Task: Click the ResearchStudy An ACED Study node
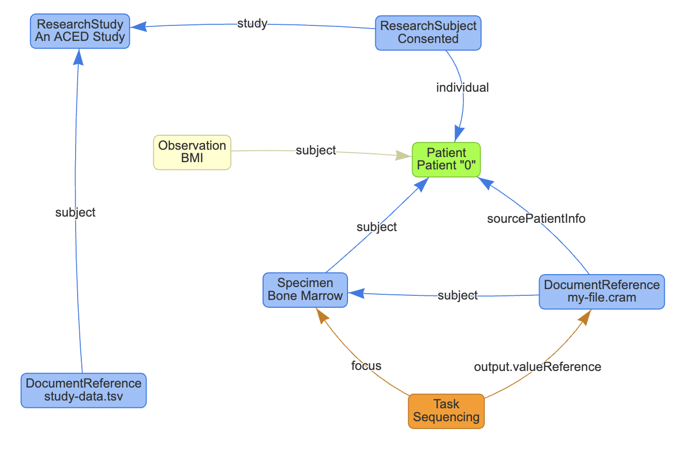point(80,31)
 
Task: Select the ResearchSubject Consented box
point(428,32)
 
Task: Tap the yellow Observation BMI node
point(192,152)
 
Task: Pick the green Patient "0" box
point(446,160)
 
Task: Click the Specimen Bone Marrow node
point(305,290)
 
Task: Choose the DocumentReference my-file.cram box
point(601,292)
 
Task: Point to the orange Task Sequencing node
point(446,411)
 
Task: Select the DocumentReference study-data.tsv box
point(83,390)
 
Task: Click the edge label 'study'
point(252,23)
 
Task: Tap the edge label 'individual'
point(462,88)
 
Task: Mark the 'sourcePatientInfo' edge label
point(536,219)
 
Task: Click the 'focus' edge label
point(366,366)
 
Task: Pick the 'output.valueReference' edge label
point(538,367)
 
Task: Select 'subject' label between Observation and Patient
point(316,150)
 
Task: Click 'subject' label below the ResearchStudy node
point(76,212)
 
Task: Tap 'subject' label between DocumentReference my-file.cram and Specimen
point(457,295)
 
